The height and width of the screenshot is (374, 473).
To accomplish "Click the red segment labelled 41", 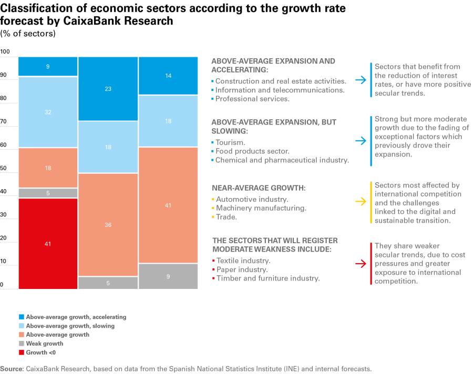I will coord(48,243).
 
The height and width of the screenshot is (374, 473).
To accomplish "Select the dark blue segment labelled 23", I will coord(108,89).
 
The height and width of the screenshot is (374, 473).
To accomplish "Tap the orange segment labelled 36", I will coord(108,225).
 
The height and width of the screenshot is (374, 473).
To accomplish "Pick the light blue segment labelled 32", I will coord(48,112).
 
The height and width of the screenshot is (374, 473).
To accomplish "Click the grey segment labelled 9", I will coord(168,276).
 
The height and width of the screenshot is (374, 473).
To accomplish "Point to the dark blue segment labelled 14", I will coord(168,76).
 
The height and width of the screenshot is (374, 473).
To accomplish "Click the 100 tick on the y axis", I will coord(5,51).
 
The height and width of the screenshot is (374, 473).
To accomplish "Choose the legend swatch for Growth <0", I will coord(21,352).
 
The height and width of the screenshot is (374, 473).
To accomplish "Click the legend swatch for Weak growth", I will coord(21,344).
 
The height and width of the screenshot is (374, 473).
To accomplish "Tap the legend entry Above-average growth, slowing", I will coord(70,326).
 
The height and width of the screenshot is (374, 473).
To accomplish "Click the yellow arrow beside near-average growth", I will coord(360,201).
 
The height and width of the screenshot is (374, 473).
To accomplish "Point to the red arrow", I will coord(360,264).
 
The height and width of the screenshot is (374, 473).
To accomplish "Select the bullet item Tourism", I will coord(230,142).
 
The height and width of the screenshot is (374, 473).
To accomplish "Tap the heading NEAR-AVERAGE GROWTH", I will coord(259,188).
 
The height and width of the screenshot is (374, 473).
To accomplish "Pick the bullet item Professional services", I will coord(252,99).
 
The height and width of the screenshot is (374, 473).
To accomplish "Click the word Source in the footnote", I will coord(12,369).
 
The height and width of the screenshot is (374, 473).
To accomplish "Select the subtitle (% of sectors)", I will coord(28,34).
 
